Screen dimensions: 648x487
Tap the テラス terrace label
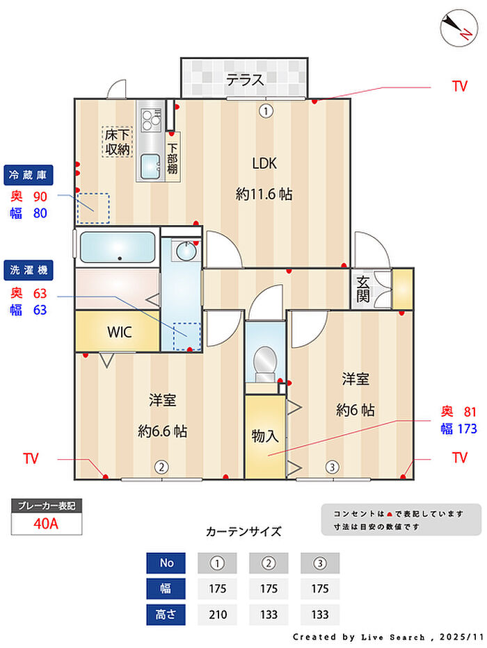tap(245, 80)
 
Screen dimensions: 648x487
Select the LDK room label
tap(264, 164)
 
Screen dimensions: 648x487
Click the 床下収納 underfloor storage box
tap(117, 141)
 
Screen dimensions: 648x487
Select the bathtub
tap(117, 247)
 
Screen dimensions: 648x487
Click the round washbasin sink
tap(184, 250)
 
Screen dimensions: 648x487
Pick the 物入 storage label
tap(265, 436)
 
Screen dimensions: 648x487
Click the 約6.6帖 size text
tap(162, 431)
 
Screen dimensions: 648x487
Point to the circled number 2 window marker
tap(161, 467)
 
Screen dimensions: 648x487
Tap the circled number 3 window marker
tap(333, 467)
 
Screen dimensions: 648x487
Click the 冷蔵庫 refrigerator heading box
tap(29, 174)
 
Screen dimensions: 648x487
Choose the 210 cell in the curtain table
tap(218, 615)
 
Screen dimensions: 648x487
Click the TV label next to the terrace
tap(459, 86)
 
